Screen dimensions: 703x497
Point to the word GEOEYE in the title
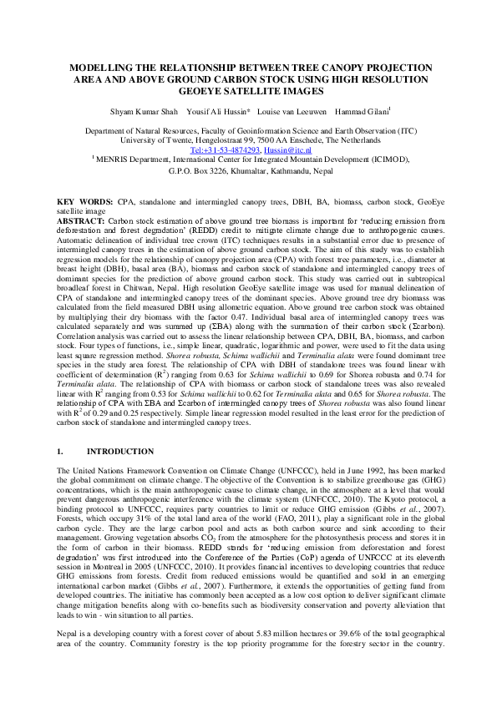(195, 94)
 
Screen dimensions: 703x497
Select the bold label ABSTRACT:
(81, 220)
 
